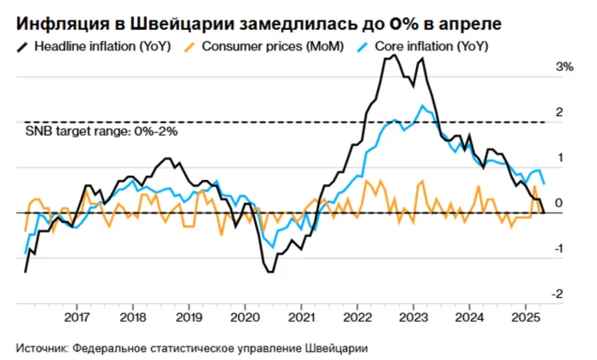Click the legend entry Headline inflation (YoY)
point(103,45)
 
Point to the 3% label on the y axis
point(563,67)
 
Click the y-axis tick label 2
point(559,112)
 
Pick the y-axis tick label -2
point(558,293)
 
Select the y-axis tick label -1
point(558,248)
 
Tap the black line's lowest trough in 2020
point(270,271)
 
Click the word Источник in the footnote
point(42,348)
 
